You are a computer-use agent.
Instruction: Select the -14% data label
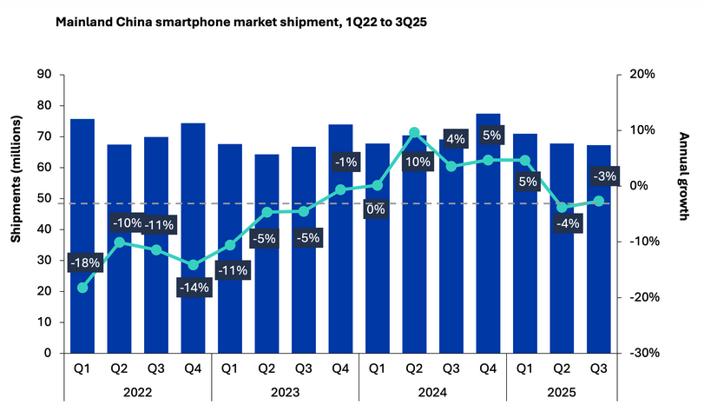pyautogui.click(x=193, y=289)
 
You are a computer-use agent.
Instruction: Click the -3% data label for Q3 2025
pyautogui.click(x=601, y=176)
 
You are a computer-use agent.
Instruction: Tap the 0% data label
pyautogui.click(x=376, y=209)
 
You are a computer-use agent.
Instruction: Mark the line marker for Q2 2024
pyautogui.click(x=414, y=133)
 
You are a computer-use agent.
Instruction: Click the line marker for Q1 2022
pyautogui.click(x=82, y=287)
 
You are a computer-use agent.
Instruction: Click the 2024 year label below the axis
pyautogui.click(x=432, y=392)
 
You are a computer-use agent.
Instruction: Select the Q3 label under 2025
pyautogui.click(x=599, y=368)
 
